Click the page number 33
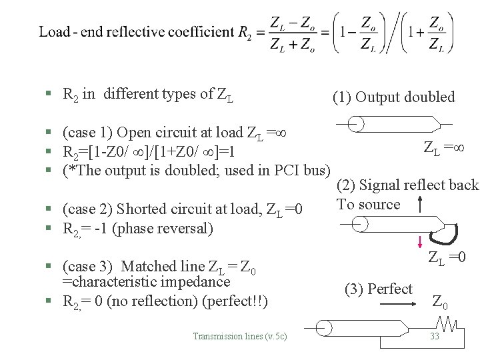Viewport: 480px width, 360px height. point(435,336)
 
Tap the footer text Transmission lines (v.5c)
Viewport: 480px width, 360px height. point(240,336)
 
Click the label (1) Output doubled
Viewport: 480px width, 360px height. point(393,97)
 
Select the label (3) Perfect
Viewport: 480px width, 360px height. point(379,289)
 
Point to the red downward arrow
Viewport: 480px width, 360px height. point(421,241)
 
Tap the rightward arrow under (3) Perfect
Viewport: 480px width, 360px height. point(395,304)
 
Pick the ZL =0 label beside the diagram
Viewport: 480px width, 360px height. point(446,257)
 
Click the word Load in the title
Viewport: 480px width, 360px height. point(53,32)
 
